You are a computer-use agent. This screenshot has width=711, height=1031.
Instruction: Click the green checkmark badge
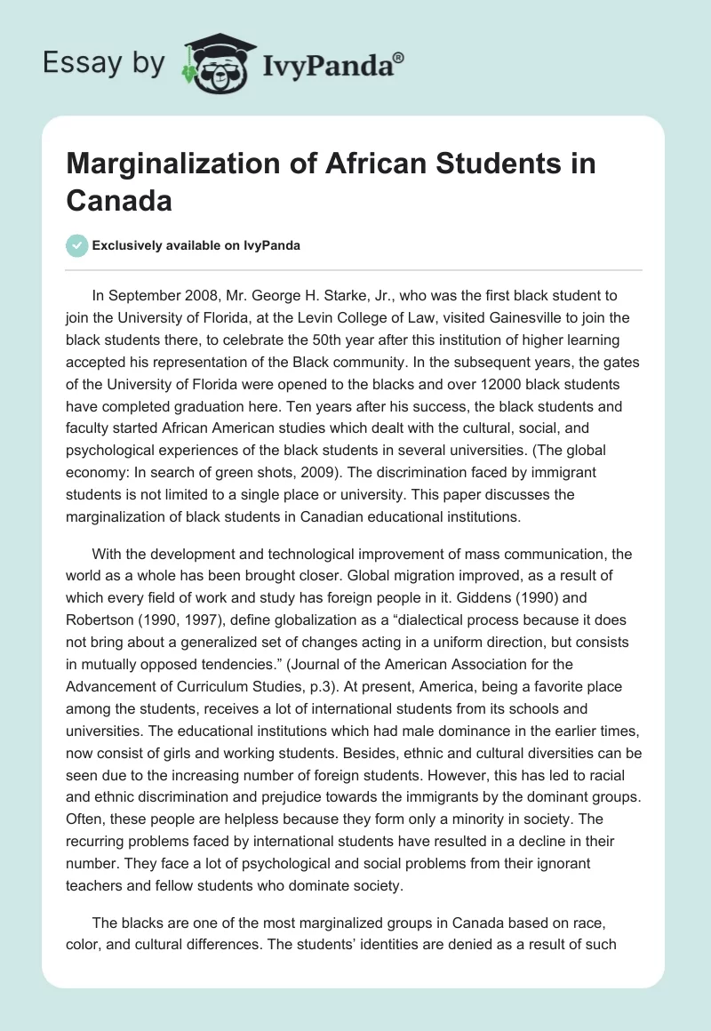pyautogui.click(x=77, y=245)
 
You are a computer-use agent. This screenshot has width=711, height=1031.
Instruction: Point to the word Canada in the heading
pyautogui.click(x=118, y=200)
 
